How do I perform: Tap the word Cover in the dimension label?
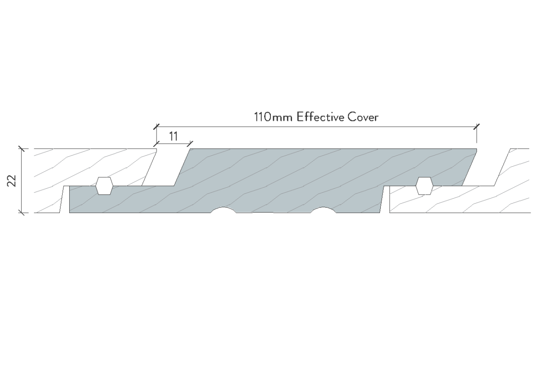click(363, 117)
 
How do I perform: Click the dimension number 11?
click(173, 137)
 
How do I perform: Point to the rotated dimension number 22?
click(12, 181)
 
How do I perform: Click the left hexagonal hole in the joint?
click(104, 186)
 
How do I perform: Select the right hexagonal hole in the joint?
click(424, 186)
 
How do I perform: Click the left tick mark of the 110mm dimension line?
click(157, 127)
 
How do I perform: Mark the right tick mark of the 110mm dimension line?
click(477, 127)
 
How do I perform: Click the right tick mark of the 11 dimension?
click(190, 144)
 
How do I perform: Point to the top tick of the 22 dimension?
click(22, 149)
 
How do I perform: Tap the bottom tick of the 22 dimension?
click(22, 213)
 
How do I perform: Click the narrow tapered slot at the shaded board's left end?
click(65, 199)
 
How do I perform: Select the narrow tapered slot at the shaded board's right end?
click(385, 199)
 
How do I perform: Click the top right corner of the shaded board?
click(477, 149)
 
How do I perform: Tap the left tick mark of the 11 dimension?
click(157, 144)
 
